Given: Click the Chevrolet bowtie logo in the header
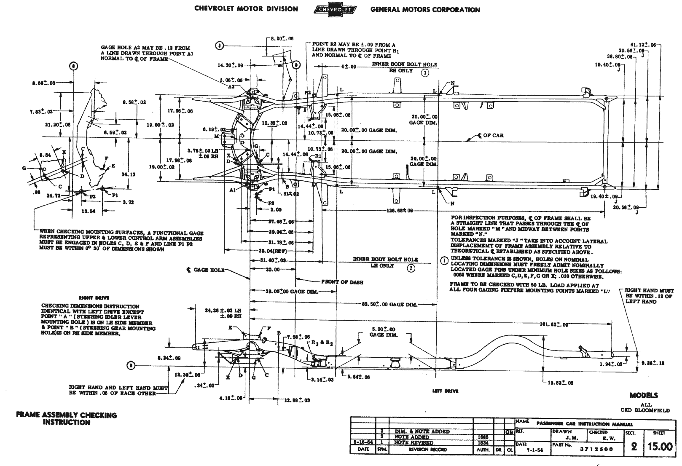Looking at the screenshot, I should (x=335, y=9).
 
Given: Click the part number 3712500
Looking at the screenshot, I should (x=596, y=449).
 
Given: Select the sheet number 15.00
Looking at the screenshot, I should (x=660, y=446).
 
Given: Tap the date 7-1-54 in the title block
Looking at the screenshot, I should (x=534, y=450).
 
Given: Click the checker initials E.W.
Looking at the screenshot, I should (x=607, y=439).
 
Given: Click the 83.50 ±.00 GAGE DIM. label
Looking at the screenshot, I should (x=389, y=304).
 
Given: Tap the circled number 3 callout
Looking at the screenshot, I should (x=425, y=72).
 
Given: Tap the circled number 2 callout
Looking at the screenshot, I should (x=411, y=268).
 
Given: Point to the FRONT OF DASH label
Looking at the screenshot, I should (x=342, y=282).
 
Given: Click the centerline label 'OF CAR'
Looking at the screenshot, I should (x=492, y=136).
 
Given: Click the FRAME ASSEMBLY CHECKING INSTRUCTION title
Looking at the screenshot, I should (x=67, y=418).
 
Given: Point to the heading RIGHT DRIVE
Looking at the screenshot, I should (x=89, y=298).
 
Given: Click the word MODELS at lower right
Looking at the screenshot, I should (x=644, y=395).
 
